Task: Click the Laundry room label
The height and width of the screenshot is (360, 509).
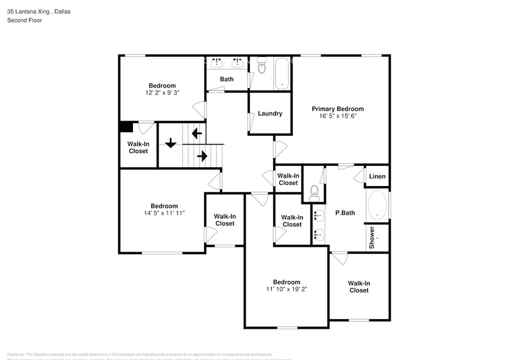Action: (x=270, y=113)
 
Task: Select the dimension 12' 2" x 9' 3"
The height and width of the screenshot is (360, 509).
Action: (x=162, y=93)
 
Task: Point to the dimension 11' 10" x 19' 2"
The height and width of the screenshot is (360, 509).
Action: (x=286, y=289)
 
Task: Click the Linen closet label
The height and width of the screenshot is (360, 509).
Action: (x=377, y=177)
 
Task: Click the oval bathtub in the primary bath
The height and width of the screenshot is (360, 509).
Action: (x=377, y=206)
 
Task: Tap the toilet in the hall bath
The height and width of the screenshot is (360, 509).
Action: (x=262, y=66)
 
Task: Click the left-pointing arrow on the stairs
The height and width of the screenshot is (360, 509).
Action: (x=197, y=132)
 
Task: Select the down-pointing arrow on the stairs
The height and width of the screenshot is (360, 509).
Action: (x=170, y=143)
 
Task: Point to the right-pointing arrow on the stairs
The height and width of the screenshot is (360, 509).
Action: (x=202, y=156)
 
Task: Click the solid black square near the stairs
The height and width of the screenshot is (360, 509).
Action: (x=126, y=127)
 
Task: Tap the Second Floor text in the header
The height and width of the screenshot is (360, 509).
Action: (x=24, y=20)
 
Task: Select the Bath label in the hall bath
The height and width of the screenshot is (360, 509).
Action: (x=227, y=79)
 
